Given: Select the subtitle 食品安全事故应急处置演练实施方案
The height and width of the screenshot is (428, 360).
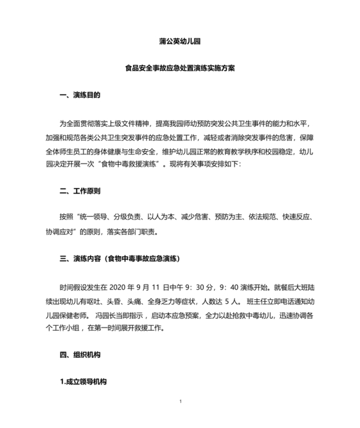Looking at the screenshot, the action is click(x=181, y=69).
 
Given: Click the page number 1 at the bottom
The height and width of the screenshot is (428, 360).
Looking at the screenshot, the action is click(x=181, y=402).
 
